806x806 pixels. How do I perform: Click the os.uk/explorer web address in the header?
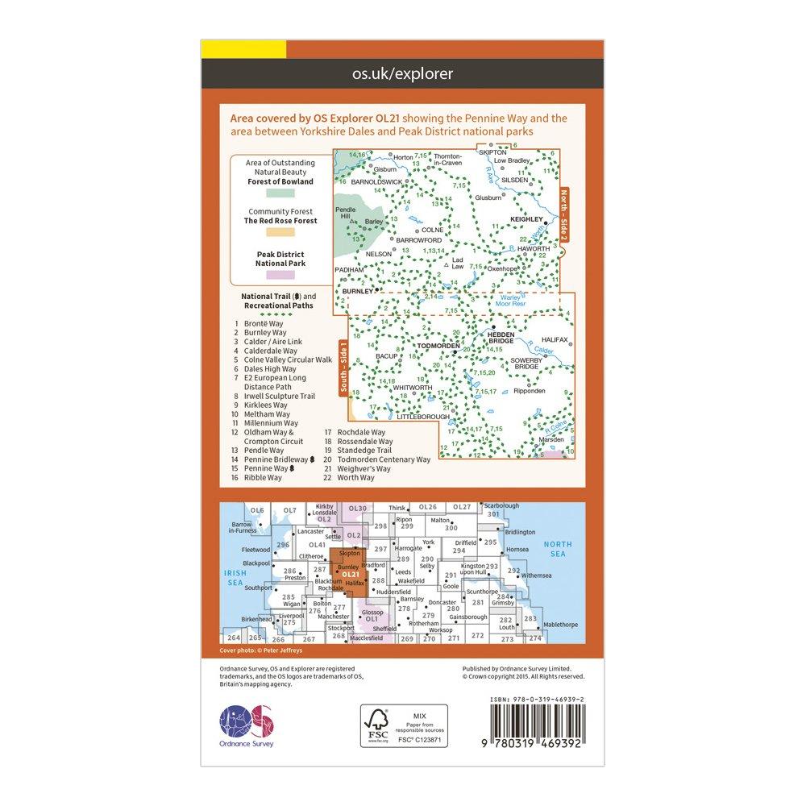403,74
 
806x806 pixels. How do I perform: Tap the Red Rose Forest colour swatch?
280,233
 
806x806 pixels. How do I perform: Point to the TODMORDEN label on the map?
436,347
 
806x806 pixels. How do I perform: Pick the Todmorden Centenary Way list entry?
377,459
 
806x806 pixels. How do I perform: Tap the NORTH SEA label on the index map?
553,549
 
